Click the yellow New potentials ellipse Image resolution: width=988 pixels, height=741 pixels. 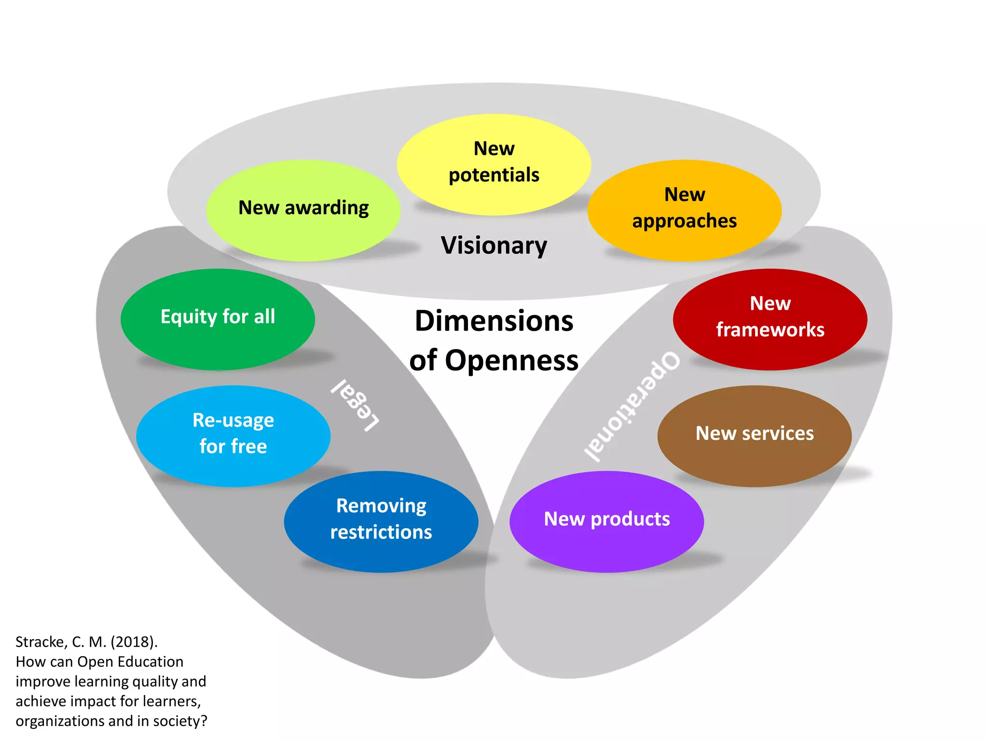pyautogui.click(x=494, y=164)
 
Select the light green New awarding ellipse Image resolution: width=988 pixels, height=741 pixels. pyautogui.click(x=303, y=210)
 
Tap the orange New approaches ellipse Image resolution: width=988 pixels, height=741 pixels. pyautogui.click(x=684, y=210)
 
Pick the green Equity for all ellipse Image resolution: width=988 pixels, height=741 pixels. pyautogui.click(x=218, y=319)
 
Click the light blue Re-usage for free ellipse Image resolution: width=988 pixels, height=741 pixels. pyautogui.click(x=233, y=436)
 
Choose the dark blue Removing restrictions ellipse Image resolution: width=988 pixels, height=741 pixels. pyautogui.click(x=381, y=521)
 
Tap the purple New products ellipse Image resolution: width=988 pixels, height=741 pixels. pyautogui.click(x=606, y=521)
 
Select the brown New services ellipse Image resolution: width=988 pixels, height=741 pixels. pyautogui.click(x=754, y=436)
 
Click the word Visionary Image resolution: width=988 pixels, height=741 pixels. pyautogui.click(x=494, y=246)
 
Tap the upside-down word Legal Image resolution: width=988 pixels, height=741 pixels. pyautogui.click(x=356, y=404)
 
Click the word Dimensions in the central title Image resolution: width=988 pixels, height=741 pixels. pyautogui.click(x=494, y=321)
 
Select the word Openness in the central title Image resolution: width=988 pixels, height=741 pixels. pyautogui.click(x=511, y=360)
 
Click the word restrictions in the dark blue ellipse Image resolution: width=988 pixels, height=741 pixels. pyautogui.click(x=381, y=532)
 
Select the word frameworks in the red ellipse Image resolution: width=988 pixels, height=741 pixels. pyautogui.click(x=770, y=330)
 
